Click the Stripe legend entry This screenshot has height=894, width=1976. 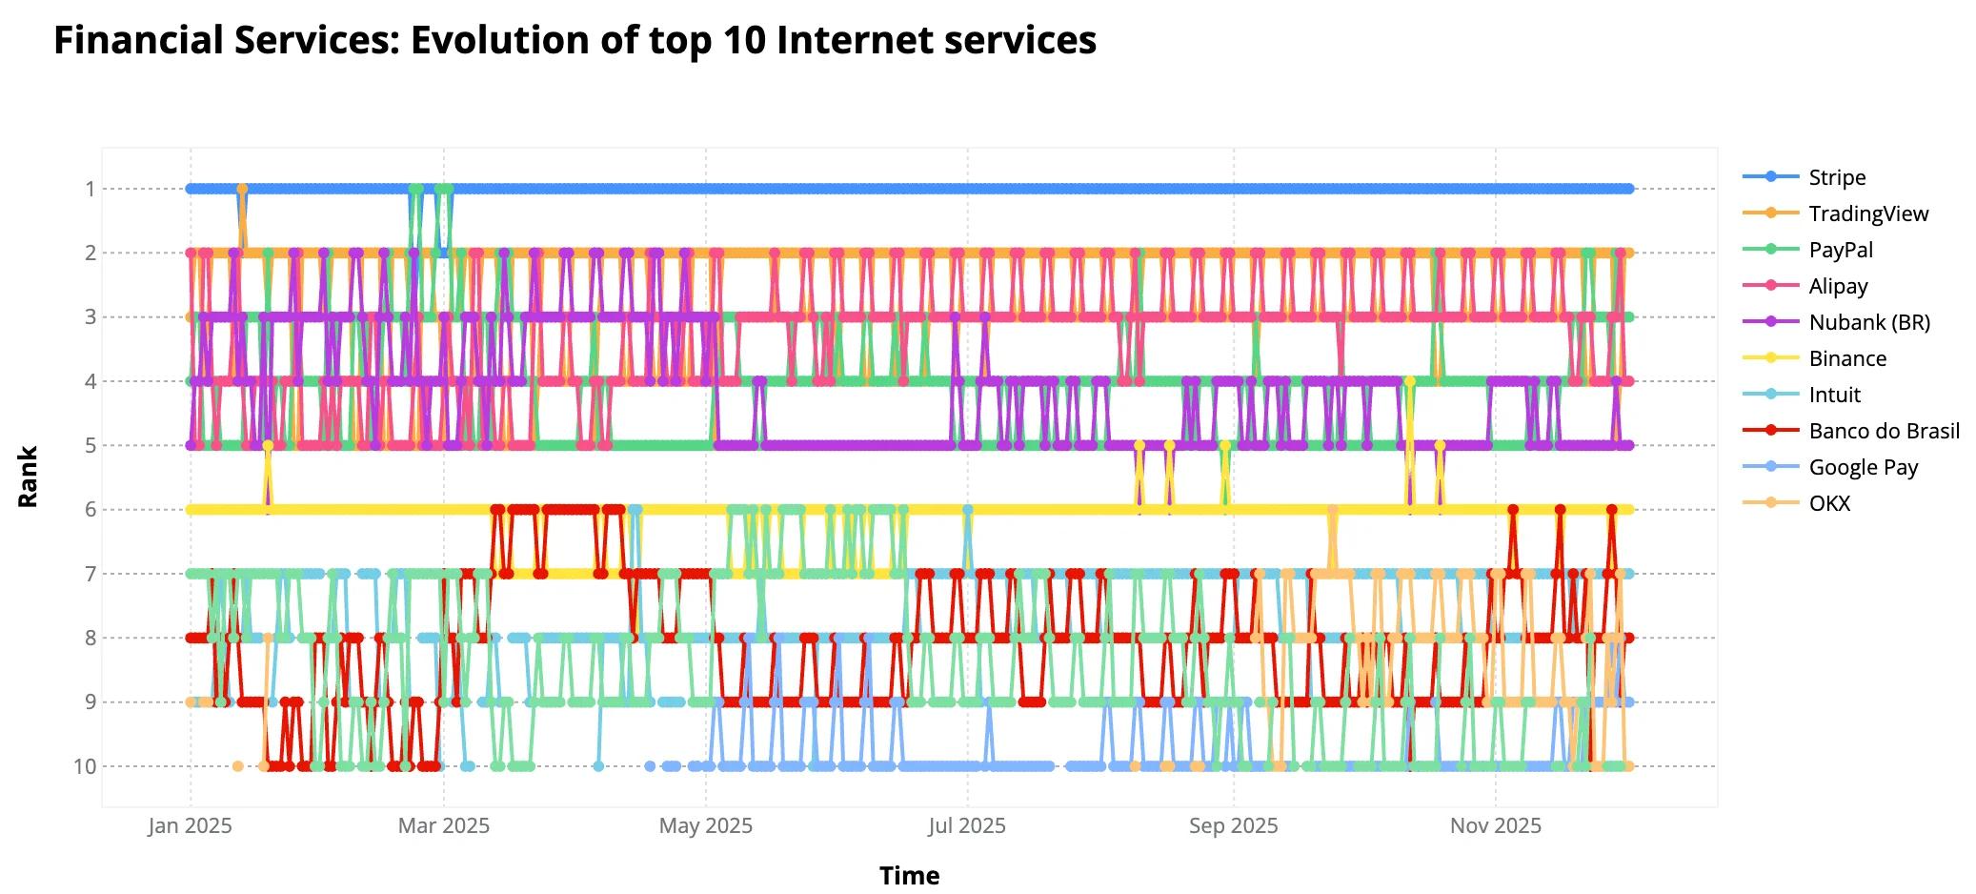pyautogui.click(x=1836, y=177)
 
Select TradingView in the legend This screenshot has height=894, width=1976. pyautogui.click(x=1867, y=213)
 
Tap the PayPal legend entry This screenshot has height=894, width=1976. pyautogui.click(x=1840, y=250)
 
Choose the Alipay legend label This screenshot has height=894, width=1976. pyautogui.click(x=1838, y=286)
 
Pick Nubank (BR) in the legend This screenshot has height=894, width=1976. pyautogui.click(x=1868, y=322)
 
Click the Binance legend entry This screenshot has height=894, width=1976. pyautogui.click(x=1846, y=358)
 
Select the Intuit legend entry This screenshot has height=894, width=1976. pyautogui.click(x=1834, y=395)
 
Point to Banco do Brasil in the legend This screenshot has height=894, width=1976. pyautogui.click(x=1884, y=431)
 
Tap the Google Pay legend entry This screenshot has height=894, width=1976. pyautogui.click(x=1863, y=467)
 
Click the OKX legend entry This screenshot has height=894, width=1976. pyautogui.click(x=1829, y=503)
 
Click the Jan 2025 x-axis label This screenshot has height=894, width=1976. pyautogui.click(x=190, y=825)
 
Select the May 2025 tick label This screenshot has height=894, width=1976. pyautogui.click(x=705, y=825)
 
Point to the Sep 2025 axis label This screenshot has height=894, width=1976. pyautogui.click(x=1233, y=825)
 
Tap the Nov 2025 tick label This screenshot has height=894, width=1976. pyautogui.click(x=1495, y=825)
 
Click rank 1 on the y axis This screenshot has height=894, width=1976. pyautogui.click(x=91, y=189)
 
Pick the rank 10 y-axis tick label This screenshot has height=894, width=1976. pyautogui.click(x=85, y=766)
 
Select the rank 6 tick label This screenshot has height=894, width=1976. pyautogui.click(x=91, y=510)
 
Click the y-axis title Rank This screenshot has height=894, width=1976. pyautogui.click(x=28, y=477)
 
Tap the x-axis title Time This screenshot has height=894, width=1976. pyautogui.click(x=909, y=875)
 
